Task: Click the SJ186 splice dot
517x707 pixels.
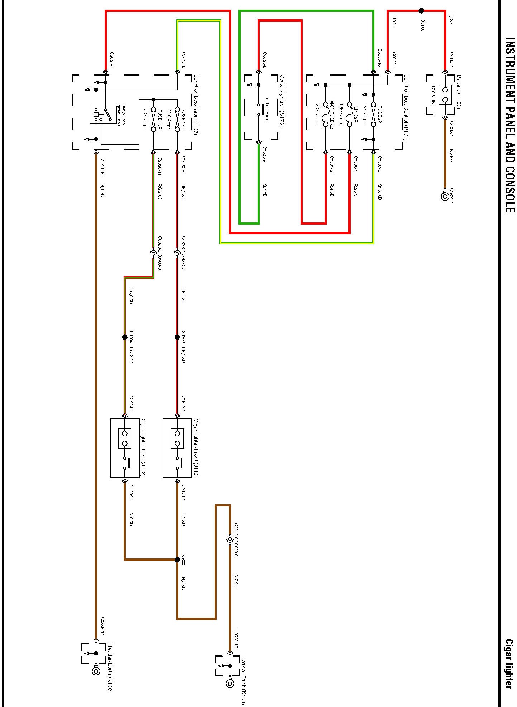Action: [x=421, y=11]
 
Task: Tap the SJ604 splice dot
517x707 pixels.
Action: [x=125, y=337]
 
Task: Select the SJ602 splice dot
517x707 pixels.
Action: [x=177, y=337]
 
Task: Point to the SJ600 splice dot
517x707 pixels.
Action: [x=177, y=559]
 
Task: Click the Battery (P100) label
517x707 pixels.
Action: [x=459, y=91]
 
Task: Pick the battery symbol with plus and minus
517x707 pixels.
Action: [x=445, y=95]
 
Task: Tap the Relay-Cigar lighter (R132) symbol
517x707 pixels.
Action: [x=103, y=114]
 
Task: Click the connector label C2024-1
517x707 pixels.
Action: [x=112, y=61]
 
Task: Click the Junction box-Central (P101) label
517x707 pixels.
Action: [x=406, y=107]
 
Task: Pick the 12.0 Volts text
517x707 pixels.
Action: [x=433, y=95]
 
